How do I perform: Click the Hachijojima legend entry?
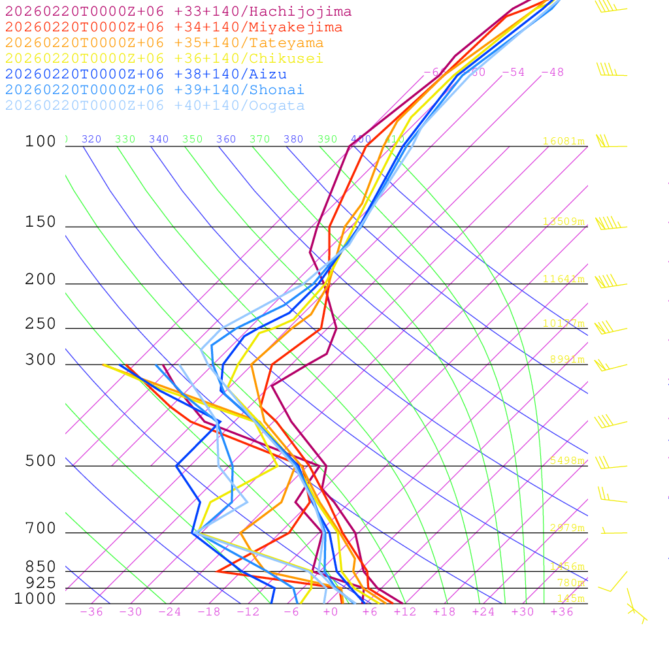coord(178,12)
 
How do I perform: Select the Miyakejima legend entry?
coord(173,27)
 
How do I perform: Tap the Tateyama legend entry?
coord(164,43)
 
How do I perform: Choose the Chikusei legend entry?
coord(164,59)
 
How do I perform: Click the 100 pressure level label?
coord(41,142)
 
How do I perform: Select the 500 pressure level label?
coord(41,462)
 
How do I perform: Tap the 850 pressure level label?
coord(41,567)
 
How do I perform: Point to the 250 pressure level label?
coord(41,324)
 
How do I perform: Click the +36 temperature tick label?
coord(562,612)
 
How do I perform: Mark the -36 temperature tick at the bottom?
coord(91,612)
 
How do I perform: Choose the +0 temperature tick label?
coord(331,612)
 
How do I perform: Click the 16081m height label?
coord(563,141)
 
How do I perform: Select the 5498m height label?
coord(566,461)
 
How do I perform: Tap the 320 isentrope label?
coord(91,139)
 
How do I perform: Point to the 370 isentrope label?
coord(259,139)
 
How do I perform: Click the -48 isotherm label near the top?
coord(552,73)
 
